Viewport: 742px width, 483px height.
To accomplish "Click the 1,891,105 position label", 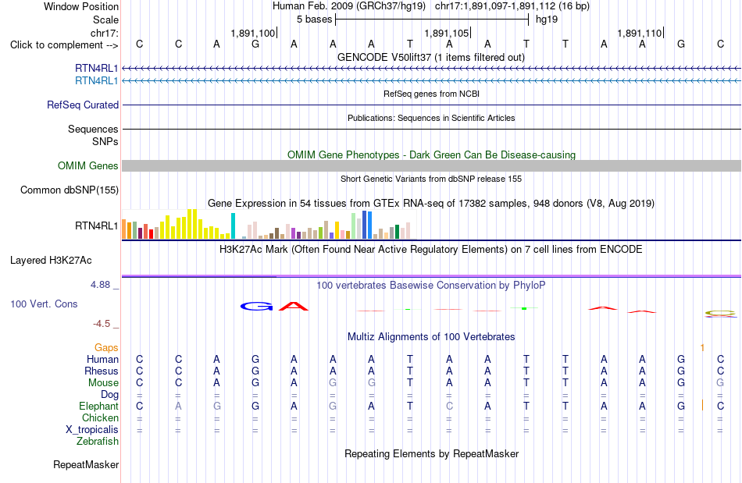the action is click(x=446, y=33).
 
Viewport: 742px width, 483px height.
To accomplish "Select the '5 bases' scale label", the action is click(x=314, y=20).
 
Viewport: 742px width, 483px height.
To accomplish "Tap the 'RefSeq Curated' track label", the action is click(x=83, y=105).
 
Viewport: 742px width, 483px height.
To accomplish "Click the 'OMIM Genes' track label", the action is click(x=88, y=166).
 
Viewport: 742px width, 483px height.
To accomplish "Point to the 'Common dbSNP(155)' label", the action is click(x=70, y=190).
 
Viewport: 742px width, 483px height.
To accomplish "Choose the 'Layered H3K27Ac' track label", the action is click(x=51, y=261).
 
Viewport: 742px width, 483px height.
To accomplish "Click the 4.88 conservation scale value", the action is click(x=100, y=285).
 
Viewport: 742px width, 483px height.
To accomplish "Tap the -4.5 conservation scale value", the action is click(x=102, y=324).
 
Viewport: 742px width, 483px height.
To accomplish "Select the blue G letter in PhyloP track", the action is click(x=256, y=307).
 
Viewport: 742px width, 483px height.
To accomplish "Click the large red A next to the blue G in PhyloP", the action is click(x=294, y=306).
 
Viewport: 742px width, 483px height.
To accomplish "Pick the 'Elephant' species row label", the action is click(x=99, y=407).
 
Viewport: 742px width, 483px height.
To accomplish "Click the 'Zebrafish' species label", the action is click(x=98, y=442).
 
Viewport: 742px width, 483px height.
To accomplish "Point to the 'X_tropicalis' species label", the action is click(x=92, y=430).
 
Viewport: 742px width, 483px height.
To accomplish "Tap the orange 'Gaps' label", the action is click(x=106, y=348).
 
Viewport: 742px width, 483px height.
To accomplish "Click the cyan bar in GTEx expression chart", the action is click(x=233, y=226).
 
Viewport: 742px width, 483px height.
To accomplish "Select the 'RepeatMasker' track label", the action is click(x=86, y=464).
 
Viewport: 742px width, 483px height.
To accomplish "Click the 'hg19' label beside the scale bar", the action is click(x=547, y=20).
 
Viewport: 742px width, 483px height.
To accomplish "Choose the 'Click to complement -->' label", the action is click(x=64, y=45).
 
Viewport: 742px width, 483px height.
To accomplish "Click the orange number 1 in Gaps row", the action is click(x=702, y=348).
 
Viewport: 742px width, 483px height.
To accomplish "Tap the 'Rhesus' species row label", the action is click(x=102, y=371).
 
